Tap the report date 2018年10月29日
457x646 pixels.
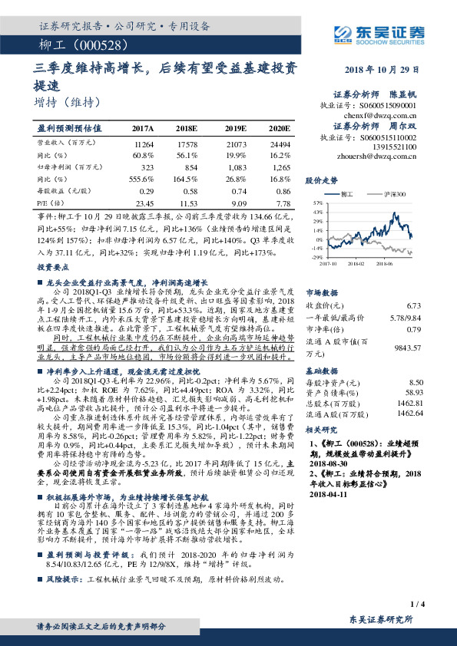[x=385, y=70]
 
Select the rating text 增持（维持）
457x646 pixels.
[x=67, y=101]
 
